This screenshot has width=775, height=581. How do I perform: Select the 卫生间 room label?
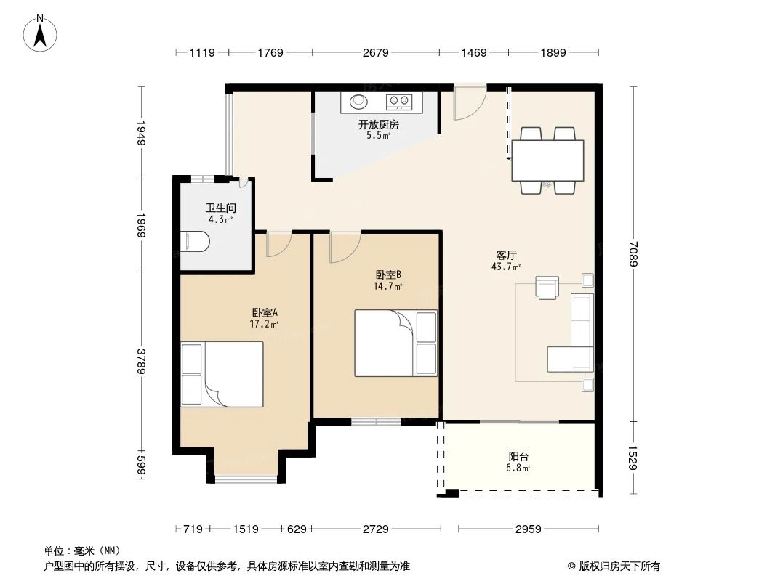tap(220, 208)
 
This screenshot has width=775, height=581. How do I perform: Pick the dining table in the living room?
tap(547, 161)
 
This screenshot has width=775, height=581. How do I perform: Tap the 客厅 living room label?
tap(507, 256)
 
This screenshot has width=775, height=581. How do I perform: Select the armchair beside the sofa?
tap(547, 288)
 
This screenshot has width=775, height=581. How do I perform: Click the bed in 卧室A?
tap(222, 375)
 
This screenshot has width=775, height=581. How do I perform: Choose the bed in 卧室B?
tap(396, 343)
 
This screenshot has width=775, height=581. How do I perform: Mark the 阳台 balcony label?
tap(518, 457)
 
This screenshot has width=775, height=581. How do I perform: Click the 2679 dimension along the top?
tap(376, 52)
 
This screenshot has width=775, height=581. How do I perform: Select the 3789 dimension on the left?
tap(142, 361)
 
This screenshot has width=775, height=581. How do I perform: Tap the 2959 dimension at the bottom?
tap(529, 529)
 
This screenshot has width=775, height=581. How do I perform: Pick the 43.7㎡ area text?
tap(506, 267)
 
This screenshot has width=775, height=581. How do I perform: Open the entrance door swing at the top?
tap(468, 102)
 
